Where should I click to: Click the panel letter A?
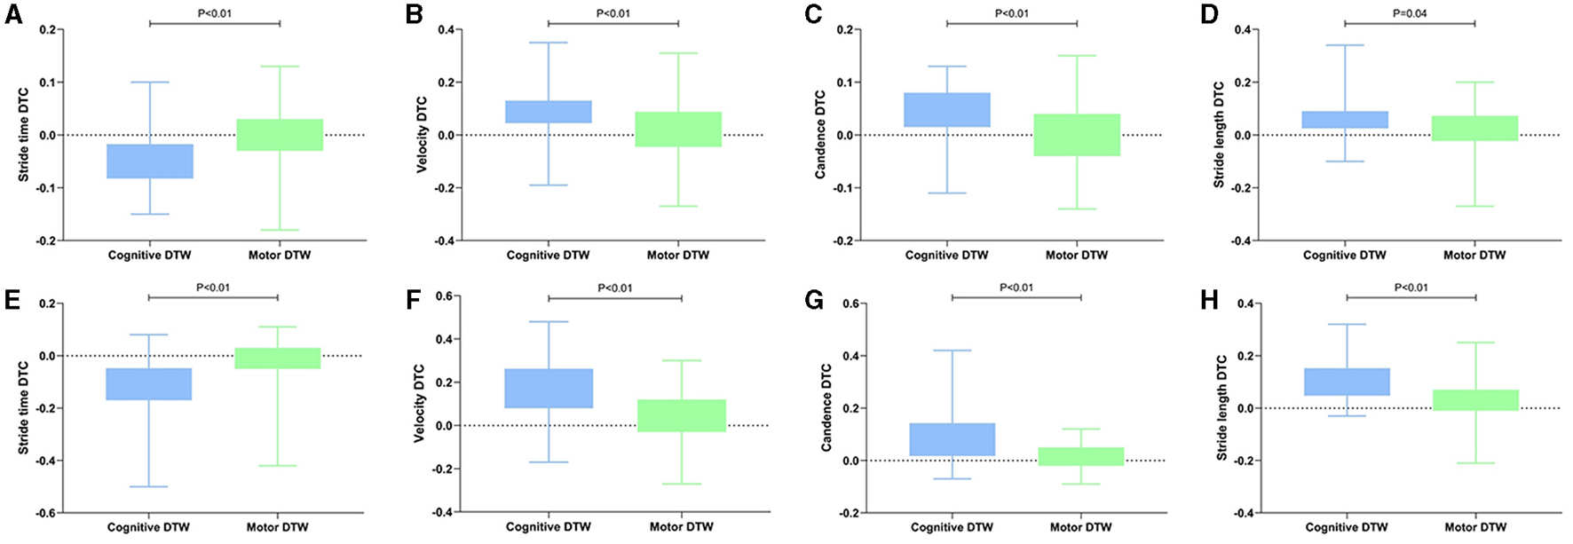coord(13,15)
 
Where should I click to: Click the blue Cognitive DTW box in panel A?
coord(150,162)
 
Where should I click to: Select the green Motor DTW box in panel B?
coord(678,130)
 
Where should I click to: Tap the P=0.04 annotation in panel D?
coord(1410,13)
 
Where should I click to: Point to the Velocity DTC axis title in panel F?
coord(419,403)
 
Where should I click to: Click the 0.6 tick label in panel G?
coord(851,304)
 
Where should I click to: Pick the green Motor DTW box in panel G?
coord(1081,456)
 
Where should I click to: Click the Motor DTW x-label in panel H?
coord(1475,527)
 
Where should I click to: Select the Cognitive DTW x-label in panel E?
coord(148,527)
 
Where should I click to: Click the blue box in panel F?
coord(549,389)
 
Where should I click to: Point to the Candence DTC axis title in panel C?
coord(820,135)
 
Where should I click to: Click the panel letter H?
coord(1208,300)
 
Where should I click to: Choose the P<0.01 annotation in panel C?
coord(1011,13)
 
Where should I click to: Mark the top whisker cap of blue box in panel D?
coord(1345,45)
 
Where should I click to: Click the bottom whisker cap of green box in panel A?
coord(280,230)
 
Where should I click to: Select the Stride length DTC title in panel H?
coord(1221,407)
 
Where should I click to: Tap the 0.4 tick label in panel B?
coord(445,30)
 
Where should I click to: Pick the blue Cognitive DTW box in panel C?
coord(947,110)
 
